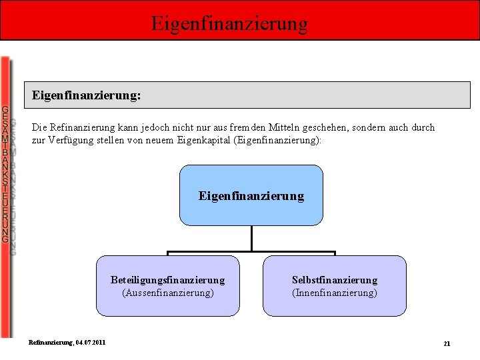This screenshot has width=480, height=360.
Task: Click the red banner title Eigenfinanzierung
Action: (229, 23)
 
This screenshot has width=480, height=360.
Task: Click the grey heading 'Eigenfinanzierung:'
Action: (87, 95)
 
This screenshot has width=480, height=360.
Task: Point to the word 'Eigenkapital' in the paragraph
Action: (200, 141)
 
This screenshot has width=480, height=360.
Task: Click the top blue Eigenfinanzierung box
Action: (251, 195)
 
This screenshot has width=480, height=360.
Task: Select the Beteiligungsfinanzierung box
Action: (167, 286)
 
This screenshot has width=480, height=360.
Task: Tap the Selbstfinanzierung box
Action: (334, 286)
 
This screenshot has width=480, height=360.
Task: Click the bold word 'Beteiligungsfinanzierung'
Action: (167, 280)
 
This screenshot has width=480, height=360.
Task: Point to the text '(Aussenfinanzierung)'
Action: (167, 293)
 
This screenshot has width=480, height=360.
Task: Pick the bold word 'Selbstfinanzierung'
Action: (334, 280)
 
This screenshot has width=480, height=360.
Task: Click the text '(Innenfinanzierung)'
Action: (334, 293)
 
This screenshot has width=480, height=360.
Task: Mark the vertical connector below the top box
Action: (251, 239)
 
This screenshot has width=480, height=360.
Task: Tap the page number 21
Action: (447, 343)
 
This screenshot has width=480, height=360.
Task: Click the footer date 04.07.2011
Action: (90, 342)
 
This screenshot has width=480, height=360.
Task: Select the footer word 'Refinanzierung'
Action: (50, 342)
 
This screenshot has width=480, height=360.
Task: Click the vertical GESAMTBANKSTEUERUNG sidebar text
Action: (5, 173)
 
